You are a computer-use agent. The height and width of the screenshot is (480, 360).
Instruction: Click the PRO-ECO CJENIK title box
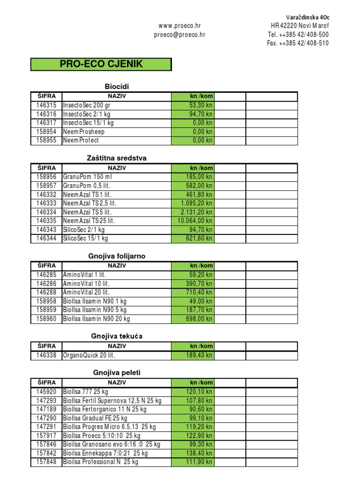pos(101,64)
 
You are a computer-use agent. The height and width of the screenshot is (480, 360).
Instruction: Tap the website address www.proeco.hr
pos(180,25)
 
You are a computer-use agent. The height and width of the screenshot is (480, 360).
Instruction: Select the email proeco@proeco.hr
pos(180,34)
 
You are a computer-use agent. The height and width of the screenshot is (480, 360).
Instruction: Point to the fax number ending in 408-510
pos(298,43)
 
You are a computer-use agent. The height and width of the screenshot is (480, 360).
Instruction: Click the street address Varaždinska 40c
pos(307,16)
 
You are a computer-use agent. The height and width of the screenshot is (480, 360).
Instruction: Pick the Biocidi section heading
pos(116,86)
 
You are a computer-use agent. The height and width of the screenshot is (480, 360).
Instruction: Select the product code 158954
pos(46,132)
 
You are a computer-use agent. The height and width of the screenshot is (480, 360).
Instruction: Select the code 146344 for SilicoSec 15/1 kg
pos(46,238)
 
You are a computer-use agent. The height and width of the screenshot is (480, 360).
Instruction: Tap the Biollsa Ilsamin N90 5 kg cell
pos(94,310)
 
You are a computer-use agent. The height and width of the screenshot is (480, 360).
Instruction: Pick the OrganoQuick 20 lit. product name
pos(89,355)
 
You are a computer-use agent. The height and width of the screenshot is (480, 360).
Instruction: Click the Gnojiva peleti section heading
pos(116,373)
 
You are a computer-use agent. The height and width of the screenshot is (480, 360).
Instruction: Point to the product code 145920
pos(46,391)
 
